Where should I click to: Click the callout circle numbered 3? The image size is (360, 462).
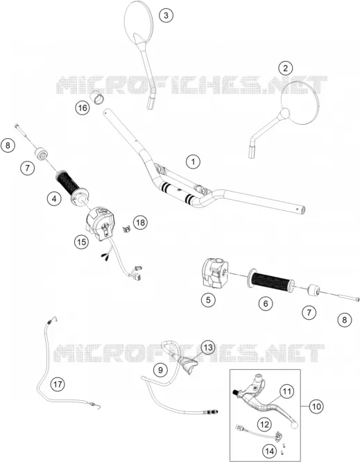[x=166, y=15]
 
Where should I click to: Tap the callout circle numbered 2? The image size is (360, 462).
[x=285, y=69]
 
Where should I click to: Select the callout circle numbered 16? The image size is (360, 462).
[x=82, y=108]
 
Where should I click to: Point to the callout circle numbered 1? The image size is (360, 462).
[x=194, y=162]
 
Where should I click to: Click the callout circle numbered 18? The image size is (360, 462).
[x=141, y=223]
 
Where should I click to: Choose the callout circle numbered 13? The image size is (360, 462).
[x=208, y=348]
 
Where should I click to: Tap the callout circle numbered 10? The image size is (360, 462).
[x=316, y=407]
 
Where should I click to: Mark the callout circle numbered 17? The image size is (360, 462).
[x=58, y=384]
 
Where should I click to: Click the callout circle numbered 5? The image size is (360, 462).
[x=208, y=300]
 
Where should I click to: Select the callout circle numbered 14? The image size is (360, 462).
[x=269, y=451]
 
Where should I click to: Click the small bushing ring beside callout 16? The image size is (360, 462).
[x=97, y=97]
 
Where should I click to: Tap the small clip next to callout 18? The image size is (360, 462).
[x=126, y=228]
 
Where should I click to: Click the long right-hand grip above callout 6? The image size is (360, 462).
[x=272, y=279]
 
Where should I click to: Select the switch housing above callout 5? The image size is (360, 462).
[x=214, y=272]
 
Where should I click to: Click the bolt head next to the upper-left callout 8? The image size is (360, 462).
[x=17, y=126]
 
